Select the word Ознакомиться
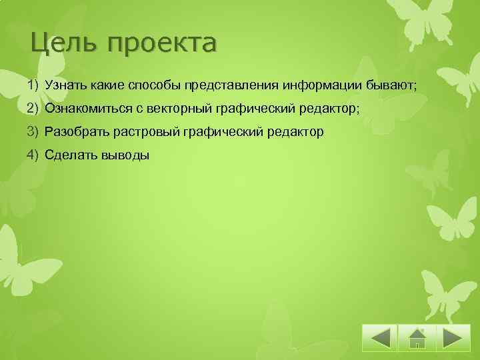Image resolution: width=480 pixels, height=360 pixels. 85,109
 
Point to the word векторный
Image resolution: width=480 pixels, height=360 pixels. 176,109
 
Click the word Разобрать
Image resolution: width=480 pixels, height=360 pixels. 72,132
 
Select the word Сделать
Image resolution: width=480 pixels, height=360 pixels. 67,155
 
